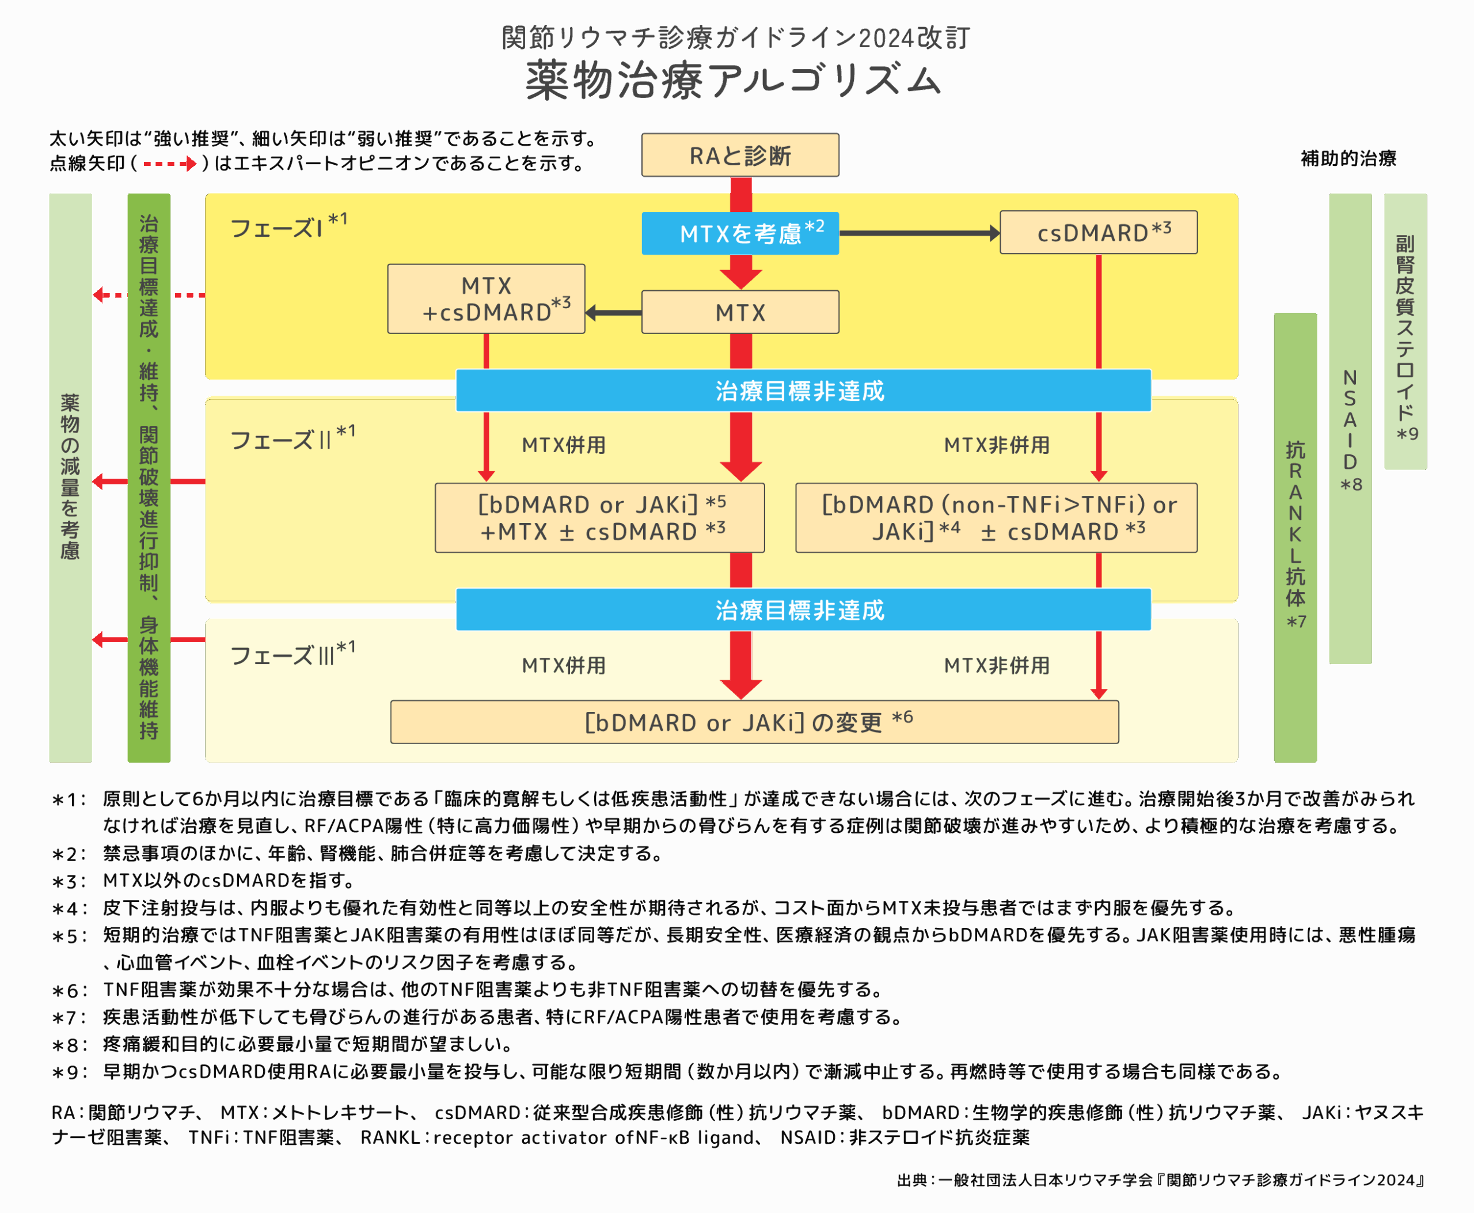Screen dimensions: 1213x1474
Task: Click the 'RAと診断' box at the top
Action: [740, 155]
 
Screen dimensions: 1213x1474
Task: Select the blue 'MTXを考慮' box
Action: [740, 233]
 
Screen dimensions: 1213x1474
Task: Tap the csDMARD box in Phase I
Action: [1098, 233]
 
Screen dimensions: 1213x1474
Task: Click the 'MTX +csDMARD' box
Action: [486, 299]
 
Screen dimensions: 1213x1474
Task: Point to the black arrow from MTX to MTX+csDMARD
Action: [613, 312]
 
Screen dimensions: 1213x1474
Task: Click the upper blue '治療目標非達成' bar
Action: [803, 391]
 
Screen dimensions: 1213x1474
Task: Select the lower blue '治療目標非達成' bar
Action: [803, 610]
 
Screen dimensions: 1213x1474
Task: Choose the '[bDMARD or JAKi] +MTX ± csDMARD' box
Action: [599, 518]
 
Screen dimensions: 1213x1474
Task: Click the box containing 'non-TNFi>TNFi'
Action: [996, 518]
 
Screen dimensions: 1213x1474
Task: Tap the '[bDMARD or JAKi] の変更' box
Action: [754, 722]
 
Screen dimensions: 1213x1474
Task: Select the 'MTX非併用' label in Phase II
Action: [996, 445]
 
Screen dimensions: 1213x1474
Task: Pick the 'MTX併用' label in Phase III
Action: [564, 665]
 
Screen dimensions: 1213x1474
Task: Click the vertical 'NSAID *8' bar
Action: [1350, 429]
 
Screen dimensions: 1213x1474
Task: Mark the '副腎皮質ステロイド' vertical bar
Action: [1405, 332]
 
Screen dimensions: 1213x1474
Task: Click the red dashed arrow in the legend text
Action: [170, 164]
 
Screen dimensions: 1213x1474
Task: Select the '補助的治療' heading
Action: [1348, 158]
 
